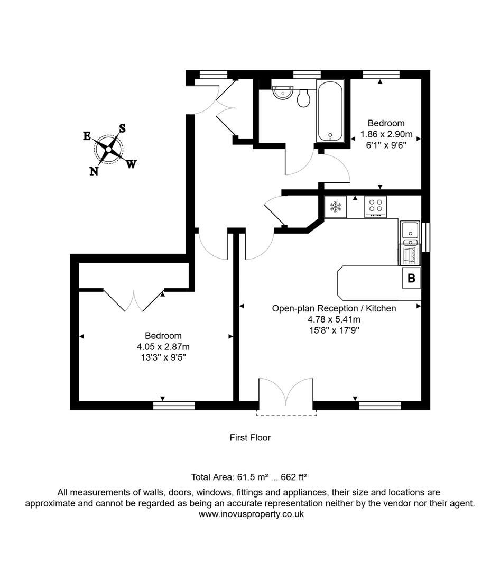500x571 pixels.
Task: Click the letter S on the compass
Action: tap(122, 128)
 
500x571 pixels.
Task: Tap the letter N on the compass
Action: tap(94, 171)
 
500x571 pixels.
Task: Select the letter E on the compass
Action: tap(87, 136)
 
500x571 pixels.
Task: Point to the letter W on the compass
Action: tap(131, 164)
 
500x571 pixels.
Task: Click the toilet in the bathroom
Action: tap(303, 98)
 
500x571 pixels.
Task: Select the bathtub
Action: tap(330, 111)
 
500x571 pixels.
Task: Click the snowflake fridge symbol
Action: tap(335, 207)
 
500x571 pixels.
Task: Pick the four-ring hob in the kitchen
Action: tap(376, 206)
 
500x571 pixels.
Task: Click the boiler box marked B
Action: tap(412, 278)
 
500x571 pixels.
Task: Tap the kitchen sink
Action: tap(409, 231)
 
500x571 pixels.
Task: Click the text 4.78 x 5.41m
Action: tap(334, 319)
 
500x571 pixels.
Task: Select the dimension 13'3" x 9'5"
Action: tap(163, 357)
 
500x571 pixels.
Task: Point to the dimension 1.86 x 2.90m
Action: tap(386, 134)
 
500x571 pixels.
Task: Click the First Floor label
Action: tap(250, 437)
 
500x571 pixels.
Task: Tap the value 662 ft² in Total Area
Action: tap(290, 477)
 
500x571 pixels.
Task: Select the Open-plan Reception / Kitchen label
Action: tap(334, 308)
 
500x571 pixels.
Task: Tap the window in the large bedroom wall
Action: tap(174, 406)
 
